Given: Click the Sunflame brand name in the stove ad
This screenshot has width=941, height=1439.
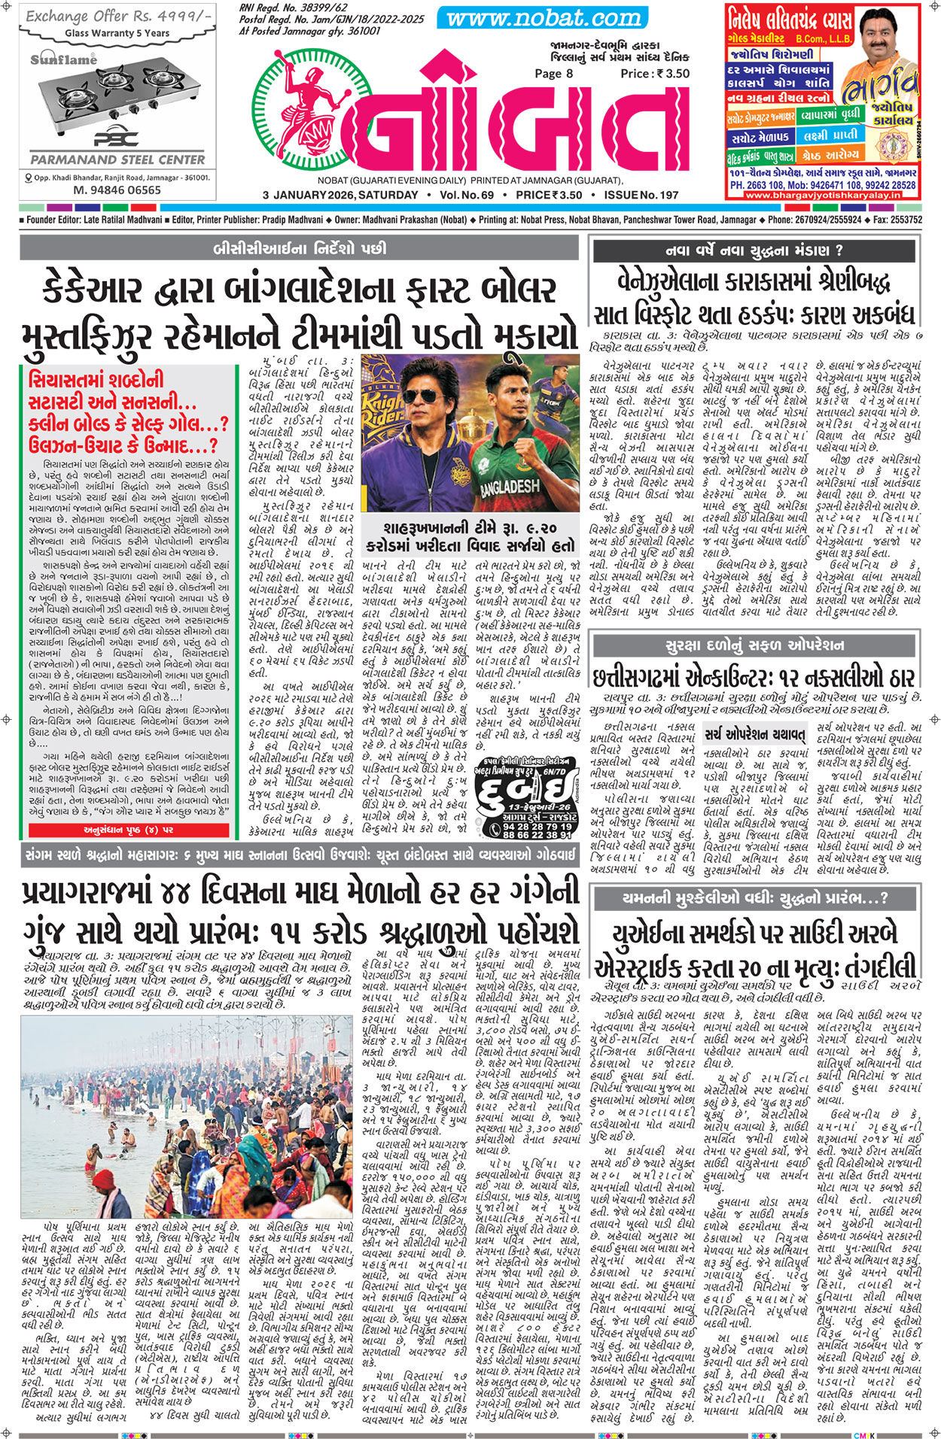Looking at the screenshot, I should (x=64, y=60).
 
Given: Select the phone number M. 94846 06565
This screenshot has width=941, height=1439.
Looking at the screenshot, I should (x=117, y=190).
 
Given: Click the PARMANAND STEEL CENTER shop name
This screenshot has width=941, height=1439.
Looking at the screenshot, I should (x=117, y=159).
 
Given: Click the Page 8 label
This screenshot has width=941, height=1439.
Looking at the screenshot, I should (x=553, y=73).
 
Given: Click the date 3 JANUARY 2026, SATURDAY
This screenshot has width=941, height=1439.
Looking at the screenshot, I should (x=340, y=195).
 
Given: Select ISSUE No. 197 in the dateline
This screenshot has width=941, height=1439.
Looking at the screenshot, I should (x=636, y=195).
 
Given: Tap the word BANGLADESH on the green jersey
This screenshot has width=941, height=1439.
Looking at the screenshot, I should (x=514, y=485).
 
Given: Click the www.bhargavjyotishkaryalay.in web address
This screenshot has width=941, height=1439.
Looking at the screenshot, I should (x=823, y=195).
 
